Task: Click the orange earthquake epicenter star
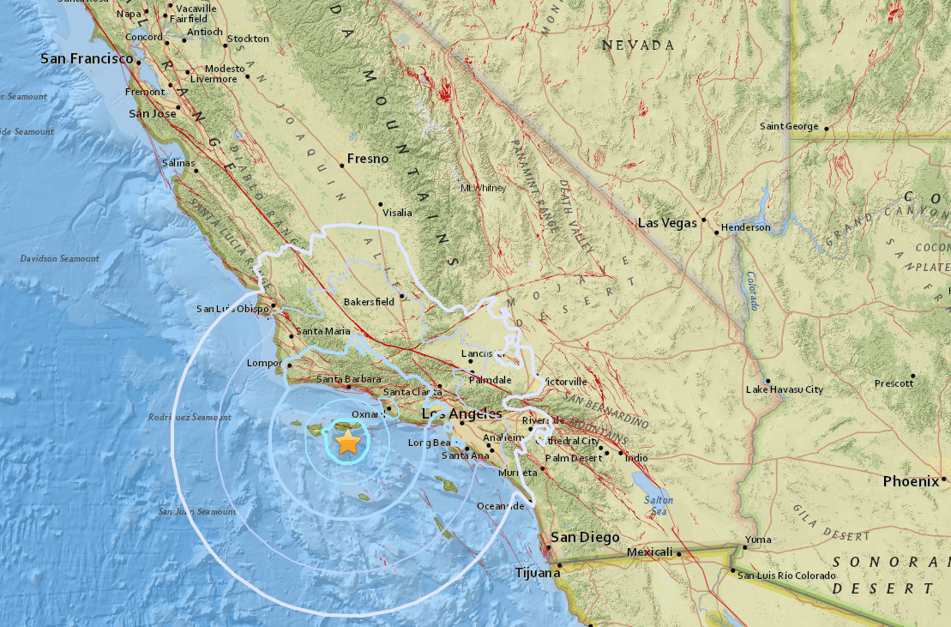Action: [x=347, y=443]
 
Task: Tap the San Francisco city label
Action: [x=87, y=59]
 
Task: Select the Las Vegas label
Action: [x=667, y=223]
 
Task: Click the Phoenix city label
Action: [x=911, y=481]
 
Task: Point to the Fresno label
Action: [x=367, y=159]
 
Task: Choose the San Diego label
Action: [x=585, y=537]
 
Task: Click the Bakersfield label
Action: [x=369, y=302]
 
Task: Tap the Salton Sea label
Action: [x=660, y=505]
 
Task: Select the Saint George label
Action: [x=789, y=127]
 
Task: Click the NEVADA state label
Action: [x=637, y=45]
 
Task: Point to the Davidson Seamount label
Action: [x=60, y=258]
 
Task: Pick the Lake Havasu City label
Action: [x=784, y=389]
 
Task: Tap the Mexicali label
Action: [x=649, y=552]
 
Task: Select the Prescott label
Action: [x=894, y=383]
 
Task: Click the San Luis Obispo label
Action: [x=232, y=310]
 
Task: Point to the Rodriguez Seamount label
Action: [x=189, y=418]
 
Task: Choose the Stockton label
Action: [x=249, y=39]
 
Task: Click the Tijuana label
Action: [x=537, y=572]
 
